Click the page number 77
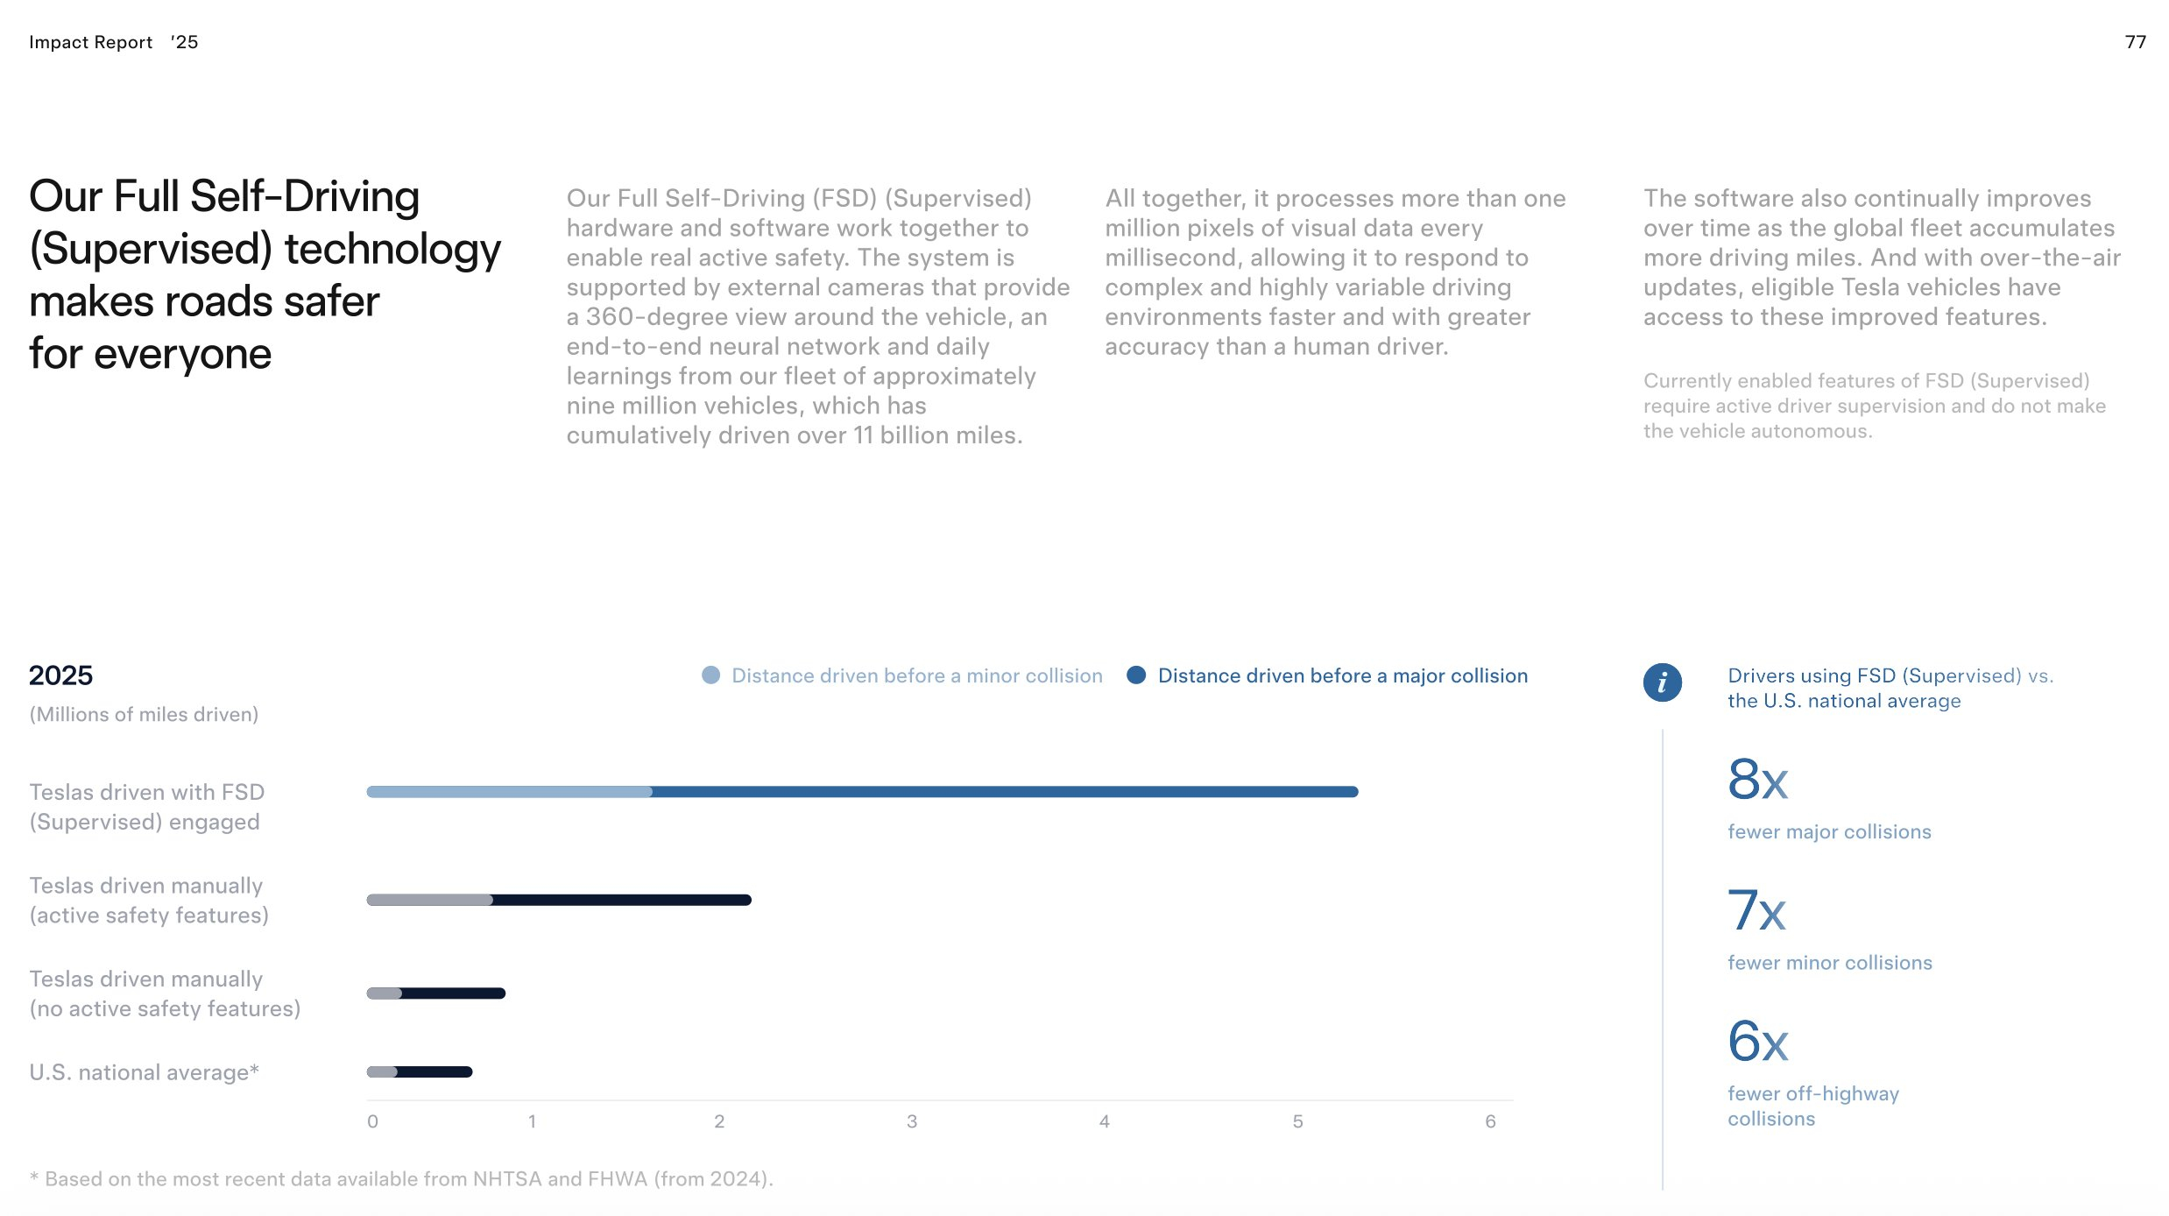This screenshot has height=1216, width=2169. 2135,42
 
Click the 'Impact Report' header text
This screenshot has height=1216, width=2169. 90,42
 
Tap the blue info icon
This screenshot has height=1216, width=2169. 1662,682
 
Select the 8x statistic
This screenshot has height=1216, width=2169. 1757,779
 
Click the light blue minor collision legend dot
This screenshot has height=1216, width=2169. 710,675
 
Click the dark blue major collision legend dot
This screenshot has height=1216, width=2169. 1136,675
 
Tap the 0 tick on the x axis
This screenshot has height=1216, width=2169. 372,1121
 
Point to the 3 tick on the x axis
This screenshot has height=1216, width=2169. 912,1121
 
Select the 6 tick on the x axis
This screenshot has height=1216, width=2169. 1490,1121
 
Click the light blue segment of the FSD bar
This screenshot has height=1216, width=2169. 510,792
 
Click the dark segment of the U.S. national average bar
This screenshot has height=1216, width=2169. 435,1071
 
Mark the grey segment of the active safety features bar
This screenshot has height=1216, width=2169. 429,900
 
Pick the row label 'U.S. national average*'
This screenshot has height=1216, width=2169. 145,1072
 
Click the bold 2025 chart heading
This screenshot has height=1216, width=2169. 60,675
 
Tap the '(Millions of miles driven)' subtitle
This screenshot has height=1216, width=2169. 144,714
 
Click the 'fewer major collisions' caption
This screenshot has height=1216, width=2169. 1829,831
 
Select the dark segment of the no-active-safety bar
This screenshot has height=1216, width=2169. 453,993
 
